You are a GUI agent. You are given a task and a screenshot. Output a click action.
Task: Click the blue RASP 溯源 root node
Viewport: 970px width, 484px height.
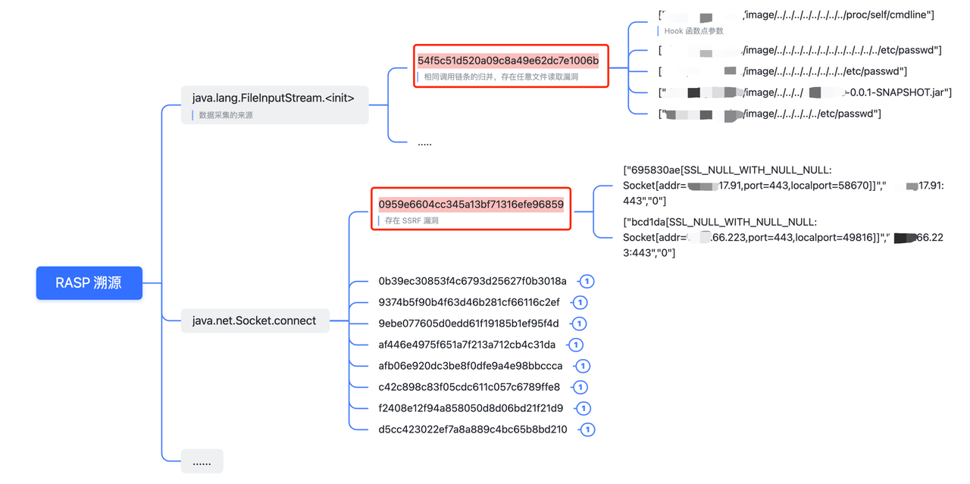pos(89,283)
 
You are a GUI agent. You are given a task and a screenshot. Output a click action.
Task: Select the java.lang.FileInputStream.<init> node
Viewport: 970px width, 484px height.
pos(274,98)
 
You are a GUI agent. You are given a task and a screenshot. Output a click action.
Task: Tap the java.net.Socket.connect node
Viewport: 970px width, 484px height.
pos(255,320)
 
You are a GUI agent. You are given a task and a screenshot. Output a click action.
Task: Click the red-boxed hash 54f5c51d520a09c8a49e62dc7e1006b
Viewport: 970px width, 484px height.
pos(508,61)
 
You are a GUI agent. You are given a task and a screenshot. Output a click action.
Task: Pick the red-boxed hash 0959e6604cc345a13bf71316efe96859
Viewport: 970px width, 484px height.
pos(471,205)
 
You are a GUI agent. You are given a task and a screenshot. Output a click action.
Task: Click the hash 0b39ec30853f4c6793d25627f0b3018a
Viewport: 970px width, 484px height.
pos(472,281)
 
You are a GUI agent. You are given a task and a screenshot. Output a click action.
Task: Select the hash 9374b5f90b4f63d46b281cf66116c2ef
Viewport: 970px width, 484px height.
pos(469,302)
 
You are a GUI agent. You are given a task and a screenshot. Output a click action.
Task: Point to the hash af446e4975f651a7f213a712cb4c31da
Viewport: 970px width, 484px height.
pos(467,345)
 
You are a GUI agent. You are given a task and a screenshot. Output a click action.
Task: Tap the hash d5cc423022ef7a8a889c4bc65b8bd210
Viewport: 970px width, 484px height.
pos(473,429)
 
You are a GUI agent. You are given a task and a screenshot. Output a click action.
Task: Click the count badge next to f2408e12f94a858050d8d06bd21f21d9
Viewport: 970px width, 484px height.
pos(583,408)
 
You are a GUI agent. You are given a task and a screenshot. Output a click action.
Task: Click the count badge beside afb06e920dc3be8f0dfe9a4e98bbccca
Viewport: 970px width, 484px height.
pos(582,366)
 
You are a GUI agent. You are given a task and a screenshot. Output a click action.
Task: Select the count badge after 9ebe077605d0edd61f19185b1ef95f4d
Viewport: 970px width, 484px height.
pos(579,323)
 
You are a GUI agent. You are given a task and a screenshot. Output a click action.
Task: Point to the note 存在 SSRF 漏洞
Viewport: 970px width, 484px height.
pos(411,221)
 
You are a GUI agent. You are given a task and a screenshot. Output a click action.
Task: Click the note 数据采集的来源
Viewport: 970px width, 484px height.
pos(226,115)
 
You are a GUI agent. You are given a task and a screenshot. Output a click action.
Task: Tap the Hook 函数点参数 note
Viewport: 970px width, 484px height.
pos(693,31)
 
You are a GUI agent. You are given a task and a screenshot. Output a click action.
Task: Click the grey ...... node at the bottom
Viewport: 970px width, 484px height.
pos(202,461)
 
